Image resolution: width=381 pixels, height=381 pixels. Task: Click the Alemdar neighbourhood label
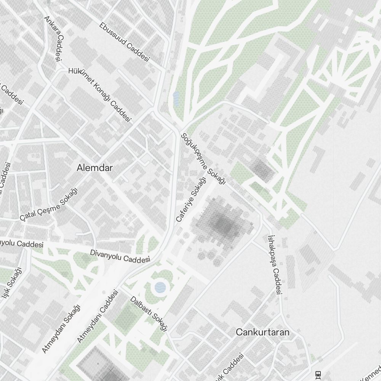(x=94, y=168)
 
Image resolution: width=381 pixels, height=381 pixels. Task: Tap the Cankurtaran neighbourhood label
(x=263, y=332)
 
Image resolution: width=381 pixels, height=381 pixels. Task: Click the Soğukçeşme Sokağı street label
(x=203, y=159)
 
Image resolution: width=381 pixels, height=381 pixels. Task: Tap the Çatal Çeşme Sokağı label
(x=48, y=204)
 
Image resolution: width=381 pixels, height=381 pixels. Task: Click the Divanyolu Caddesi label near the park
(x=120, y=256)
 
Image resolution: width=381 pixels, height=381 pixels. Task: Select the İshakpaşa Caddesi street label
(x=275, y=264)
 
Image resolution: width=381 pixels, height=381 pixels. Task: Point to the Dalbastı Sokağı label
(x=149, y=313)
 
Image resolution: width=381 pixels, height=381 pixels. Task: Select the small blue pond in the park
(x=176, y=98)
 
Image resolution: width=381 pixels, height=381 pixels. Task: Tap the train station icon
(x=318, y=374)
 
